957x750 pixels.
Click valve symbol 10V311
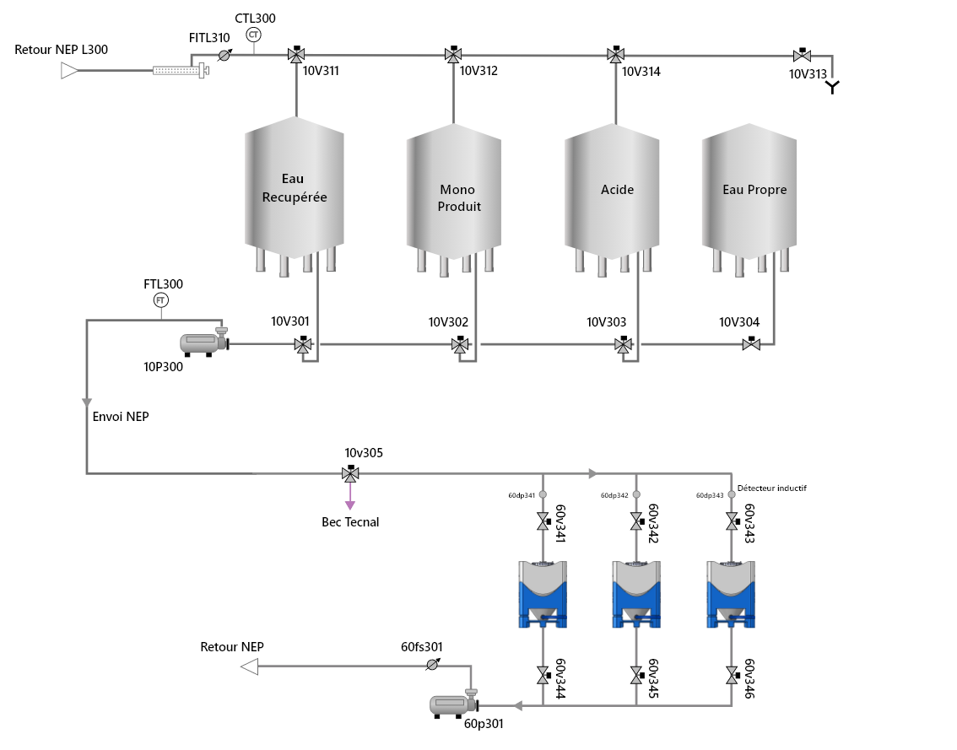[x=296, y=54]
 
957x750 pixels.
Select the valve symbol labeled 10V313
[x=802, y=55]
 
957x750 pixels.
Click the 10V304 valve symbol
[x=751, y=344]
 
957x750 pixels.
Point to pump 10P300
[x=204, y=343]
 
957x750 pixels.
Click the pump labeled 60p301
[x=454, y=704]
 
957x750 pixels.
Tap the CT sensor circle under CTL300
[x=254, y=35]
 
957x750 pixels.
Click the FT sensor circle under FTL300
[x=160, y=300]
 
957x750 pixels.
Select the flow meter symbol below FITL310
[x=224, y=56]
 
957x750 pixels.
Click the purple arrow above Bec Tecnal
[x=350, y=495]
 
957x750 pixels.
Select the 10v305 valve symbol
[x=350, y=472]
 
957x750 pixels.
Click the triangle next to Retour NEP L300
[x=69, y=71]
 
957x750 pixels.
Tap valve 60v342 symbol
[x=636, y=521]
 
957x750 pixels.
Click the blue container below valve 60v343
[x=731, y=595]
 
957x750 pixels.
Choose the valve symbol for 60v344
[x=543, y=675]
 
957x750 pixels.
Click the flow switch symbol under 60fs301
[x=433, y=665]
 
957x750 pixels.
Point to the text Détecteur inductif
[x=771, y=488]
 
